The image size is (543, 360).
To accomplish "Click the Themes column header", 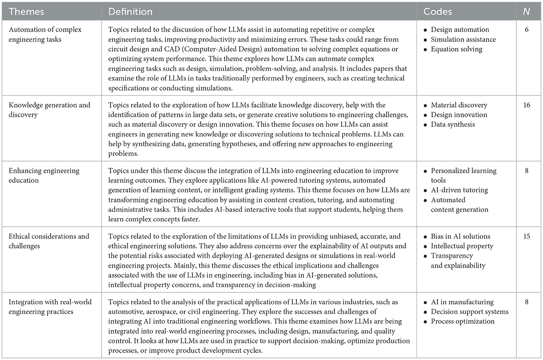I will coord(26,12).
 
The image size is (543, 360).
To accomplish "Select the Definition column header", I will coord(130,12).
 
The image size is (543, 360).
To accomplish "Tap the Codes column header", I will coord(438,12).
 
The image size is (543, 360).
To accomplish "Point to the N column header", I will coord(526,12).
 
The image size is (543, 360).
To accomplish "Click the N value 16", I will coord(526,105).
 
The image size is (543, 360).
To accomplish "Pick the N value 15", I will coord(526,236).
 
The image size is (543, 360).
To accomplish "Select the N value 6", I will coord(526,30).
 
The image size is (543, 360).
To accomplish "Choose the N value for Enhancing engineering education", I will coord(526,171).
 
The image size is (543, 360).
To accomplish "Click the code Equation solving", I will coord(457,49).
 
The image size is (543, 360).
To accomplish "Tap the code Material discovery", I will coord(459,105).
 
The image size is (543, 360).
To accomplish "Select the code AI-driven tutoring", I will coord(459,190).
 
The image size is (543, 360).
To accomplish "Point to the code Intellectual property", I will coord(462,246).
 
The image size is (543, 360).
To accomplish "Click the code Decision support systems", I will coord(470,311).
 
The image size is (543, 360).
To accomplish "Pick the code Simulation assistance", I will coord(463,39).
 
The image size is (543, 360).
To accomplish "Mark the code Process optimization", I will coord(462,321).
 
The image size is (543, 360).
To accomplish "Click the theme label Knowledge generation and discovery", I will coord(49,110).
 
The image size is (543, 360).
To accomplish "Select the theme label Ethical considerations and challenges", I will coord(49,241).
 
